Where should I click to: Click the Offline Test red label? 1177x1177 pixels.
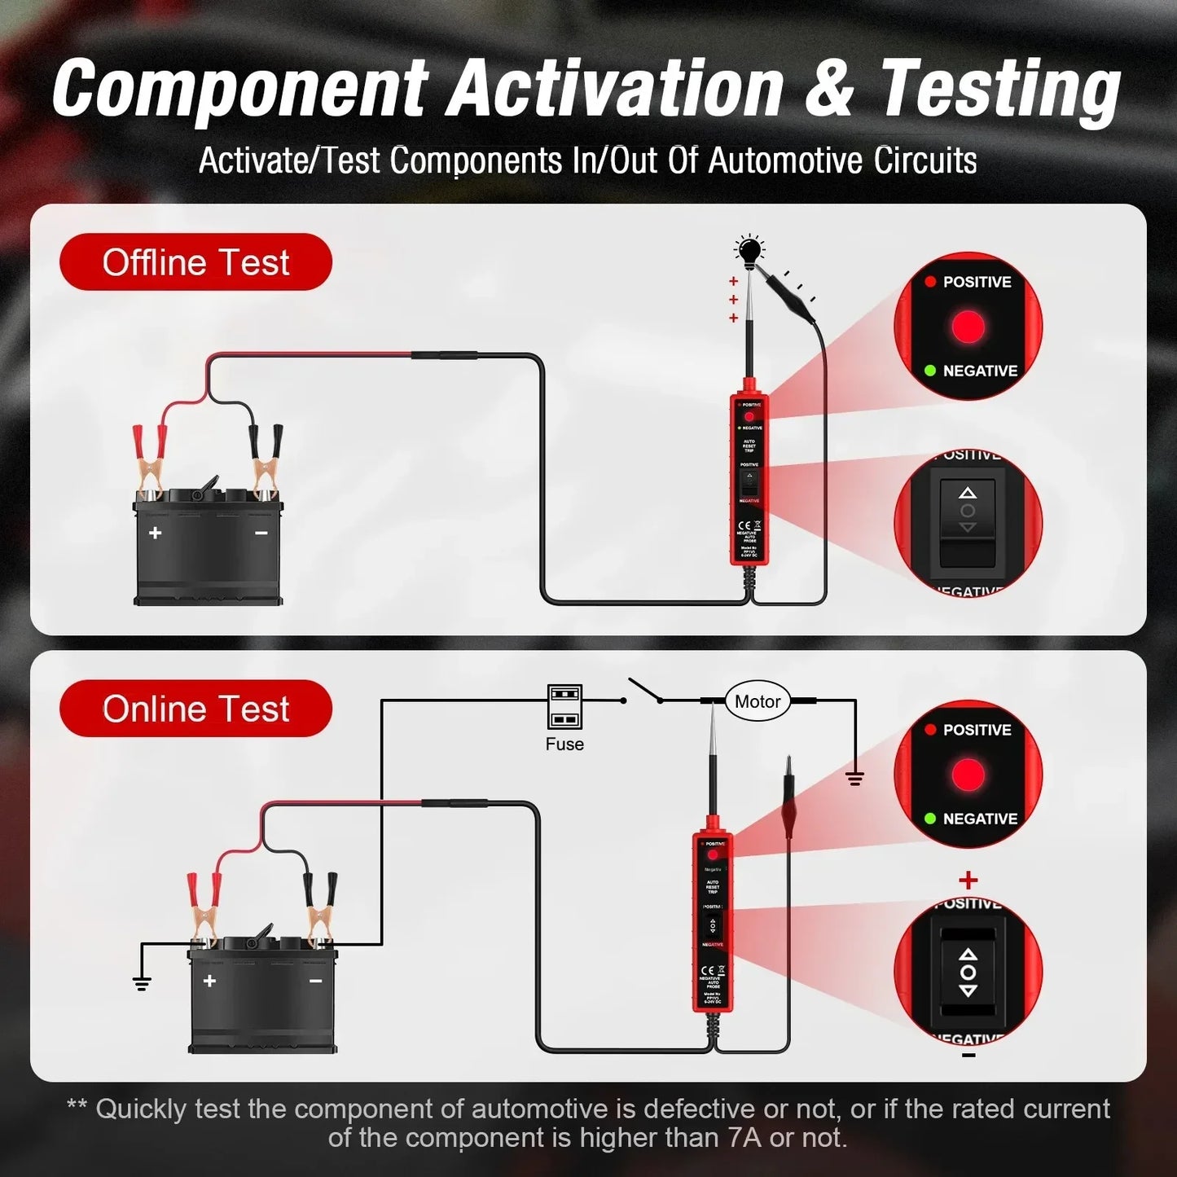pyautogui.click(x=195, y=262)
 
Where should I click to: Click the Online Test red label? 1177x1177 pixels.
pyautogui.click(x=195, y=709)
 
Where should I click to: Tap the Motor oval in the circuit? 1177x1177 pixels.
pyautogui.click(x=757, y=701)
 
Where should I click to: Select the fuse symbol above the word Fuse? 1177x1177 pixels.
pyautogui.click(x=564, y=706)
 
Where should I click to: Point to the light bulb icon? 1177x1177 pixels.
pyautogui.click(x=749, y=250)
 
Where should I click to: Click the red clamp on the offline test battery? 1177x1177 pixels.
pyautogui.click(x=150, y=461)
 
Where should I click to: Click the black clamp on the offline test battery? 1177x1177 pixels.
pyautogui.click(x=266, y=461)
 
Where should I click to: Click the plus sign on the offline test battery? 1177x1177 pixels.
pyautogui.click(x=155, y=533)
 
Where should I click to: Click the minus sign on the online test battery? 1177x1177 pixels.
pyautogui.click(x=315, y=981)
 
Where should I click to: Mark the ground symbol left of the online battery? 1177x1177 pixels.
pyautogui.click(x=142, y=982)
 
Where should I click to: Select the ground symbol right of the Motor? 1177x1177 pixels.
pyautogui.click(x=854, y=778)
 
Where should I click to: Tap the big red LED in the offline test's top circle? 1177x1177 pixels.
pyautogui.click(x=968, y=327)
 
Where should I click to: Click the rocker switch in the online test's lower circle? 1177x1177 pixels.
pyautogui.click(x=968, y=973)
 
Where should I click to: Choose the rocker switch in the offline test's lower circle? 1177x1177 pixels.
pyautogui.click(x=968, y=521)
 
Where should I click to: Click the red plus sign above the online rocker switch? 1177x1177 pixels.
pyautogui.click(x=968, y=881)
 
